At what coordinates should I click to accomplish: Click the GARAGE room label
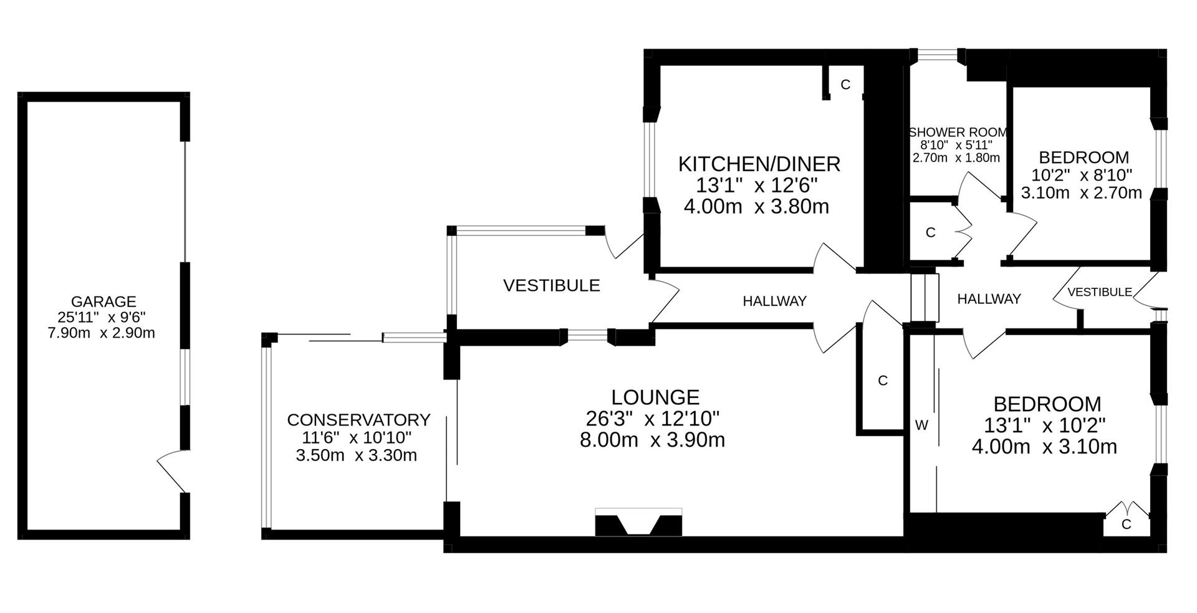103,302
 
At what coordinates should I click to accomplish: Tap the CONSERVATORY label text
358,420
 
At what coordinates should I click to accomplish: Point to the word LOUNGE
655,397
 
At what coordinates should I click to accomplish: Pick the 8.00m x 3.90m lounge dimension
652,440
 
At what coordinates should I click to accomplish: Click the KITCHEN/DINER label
759,164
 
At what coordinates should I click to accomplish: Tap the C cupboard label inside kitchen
845,85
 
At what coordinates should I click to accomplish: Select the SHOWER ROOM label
958,133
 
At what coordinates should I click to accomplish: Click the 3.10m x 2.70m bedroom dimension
1081,193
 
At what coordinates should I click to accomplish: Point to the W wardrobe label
921,425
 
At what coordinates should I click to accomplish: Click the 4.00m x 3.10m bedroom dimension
1044,447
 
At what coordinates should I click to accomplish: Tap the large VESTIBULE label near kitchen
551,286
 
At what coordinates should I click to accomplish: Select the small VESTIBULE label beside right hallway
1099,292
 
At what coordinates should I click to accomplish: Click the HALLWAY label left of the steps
774,302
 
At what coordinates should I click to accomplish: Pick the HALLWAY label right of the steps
989,299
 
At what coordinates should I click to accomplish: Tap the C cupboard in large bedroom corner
1126,525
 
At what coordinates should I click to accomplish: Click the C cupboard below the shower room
931,232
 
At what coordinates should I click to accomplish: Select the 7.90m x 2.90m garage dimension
101,333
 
